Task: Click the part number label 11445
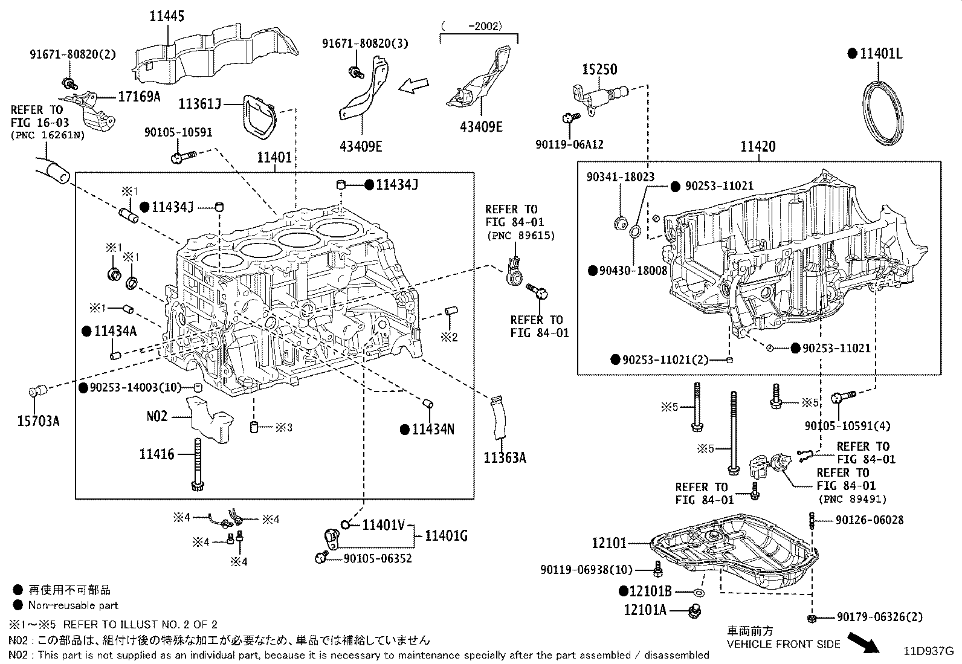pyautogui.click(x=167, y=16)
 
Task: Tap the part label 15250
pyautogui.click(x=599, y=69)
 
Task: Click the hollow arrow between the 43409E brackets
pyautogui.click(x=413, y=85)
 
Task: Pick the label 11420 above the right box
pyautogui.click(x=758, y=147)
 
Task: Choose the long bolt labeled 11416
pyautogui.click(x=198, y=465)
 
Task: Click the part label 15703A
pyautogui.click(x=38, y=421)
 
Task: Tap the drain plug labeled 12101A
pyautogui.click(x=694, y=611)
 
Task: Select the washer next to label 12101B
pyautogui.click(x=699, y=593)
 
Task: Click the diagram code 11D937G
pyautogui.click(x=928, y=651)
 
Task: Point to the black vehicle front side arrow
pyautogui.click(x=864, y=642)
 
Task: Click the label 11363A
pyautogui.click(x=505, y=458)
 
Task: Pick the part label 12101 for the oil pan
pyautogui.click(x=609, y=543)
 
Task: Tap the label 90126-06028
pyautogui.click(x=869, y=520)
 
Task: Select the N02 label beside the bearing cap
pyautogui.click(x=157, y=417)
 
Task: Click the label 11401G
pyautogui.click(x=446, y=536)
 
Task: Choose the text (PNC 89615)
pyautogui.click(x=521, y=236)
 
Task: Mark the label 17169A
pyautogui.click(x=139, y=97)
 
